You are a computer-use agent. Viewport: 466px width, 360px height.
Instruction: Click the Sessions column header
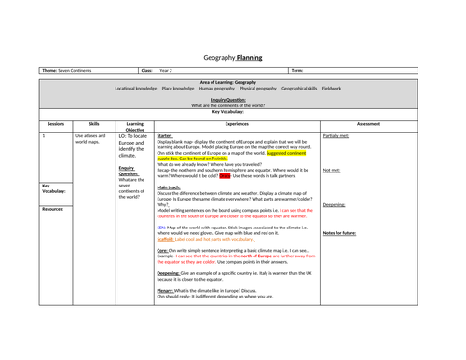(56, 122)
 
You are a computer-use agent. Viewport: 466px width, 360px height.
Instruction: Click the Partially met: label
(336, 135)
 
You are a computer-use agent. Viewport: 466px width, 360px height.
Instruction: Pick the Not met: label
(331, 170)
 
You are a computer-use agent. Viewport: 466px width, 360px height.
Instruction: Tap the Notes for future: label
(340, 232)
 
